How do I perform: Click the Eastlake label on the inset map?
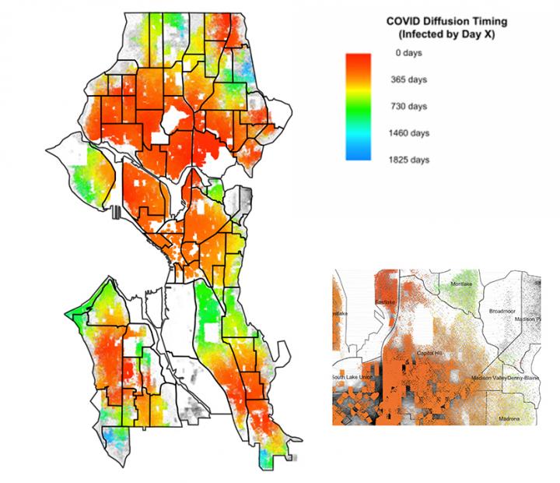tap(386, 301)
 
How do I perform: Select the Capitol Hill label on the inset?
tap(430, 353)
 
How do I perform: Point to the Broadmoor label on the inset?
tap(503, 311)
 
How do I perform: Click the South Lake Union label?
tap(354, 378)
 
